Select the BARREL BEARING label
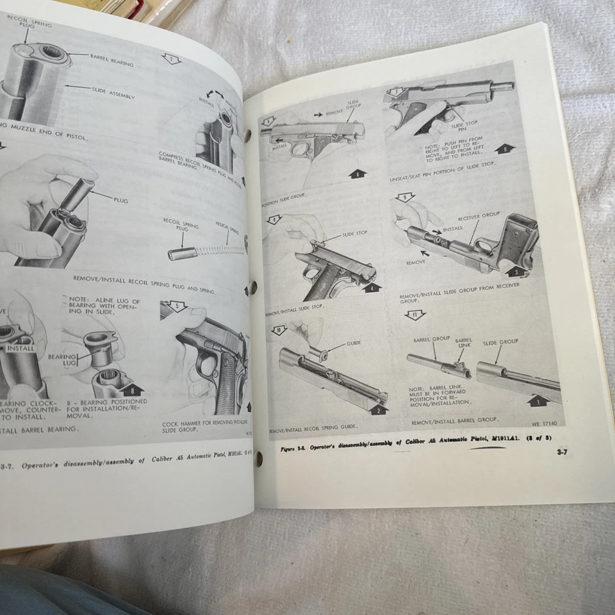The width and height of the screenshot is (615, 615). (x=111, y=63)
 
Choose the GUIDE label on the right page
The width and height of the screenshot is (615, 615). (x=353, y=343)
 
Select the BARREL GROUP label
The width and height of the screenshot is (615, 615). (x=432, y=338)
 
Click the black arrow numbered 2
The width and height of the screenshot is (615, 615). (x=379, y=409)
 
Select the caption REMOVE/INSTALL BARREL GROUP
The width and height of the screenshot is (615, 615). (x=455, y=421)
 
